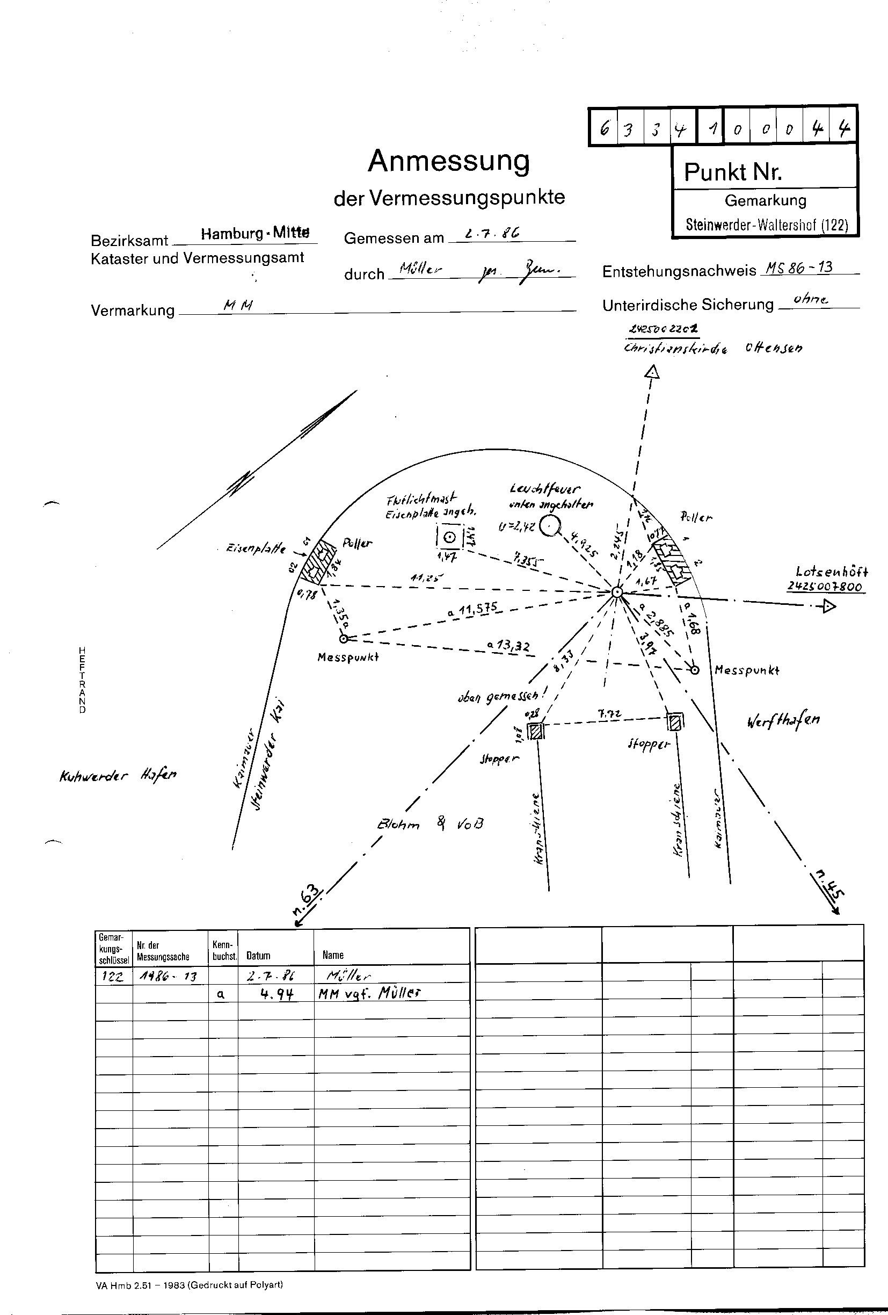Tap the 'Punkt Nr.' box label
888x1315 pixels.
(x=732, y=171)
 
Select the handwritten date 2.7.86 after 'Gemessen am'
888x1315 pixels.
(x=491, y=233)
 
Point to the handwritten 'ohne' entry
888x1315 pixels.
(x=811, y=299)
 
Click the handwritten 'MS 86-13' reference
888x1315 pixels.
(x=799, y=268)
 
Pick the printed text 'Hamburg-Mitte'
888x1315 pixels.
(x=255, y=233)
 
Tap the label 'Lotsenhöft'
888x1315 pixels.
(x=831, y=572)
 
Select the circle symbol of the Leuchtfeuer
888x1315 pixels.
(x=549, y=526)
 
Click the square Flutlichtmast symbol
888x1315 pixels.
(x=450, y=537)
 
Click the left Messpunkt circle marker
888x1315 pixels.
(x=343, y=639)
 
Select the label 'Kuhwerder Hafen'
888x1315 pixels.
(x=118, y=775)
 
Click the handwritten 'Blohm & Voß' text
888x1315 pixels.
(x=430, y=824)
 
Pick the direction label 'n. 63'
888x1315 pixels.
(x=306, y=900)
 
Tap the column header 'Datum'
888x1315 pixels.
(x=258, y=956)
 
